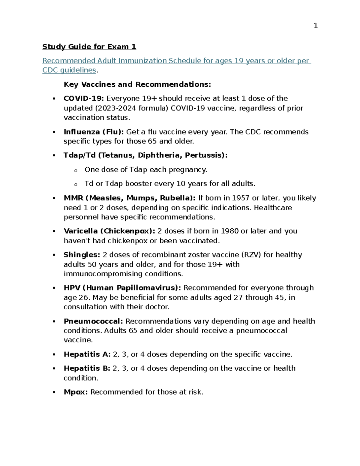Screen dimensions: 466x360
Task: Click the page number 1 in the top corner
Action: pos(315,26)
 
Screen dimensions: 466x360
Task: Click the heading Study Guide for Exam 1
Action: pos(89,47)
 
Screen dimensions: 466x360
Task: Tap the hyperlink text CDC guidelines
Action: pos(69,70)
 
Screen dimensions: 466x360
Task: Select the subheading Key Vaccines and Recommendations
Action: pos(137,85)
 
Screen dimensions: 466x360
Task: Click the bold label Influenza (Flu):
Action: pos(94,132)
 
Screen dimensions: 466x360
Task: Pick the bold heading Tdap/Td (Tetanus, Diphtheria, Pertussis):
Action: pos(145,155)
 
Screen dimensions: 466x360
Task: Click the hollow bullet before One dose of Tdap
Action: pos(76,170)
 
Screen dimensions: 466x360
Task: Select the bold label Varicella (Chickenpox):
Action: pos(109,231)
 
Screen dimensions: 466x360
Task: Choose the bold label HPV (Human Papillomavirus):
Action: pos(122,288)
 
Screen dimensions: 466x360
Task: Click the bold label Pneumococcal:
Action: pos(93,321)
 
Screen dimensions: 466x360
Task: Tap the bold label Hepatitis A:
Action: pos(87,354)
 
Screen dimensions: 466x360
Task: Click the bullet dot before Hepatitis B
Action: pos(54,368)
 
